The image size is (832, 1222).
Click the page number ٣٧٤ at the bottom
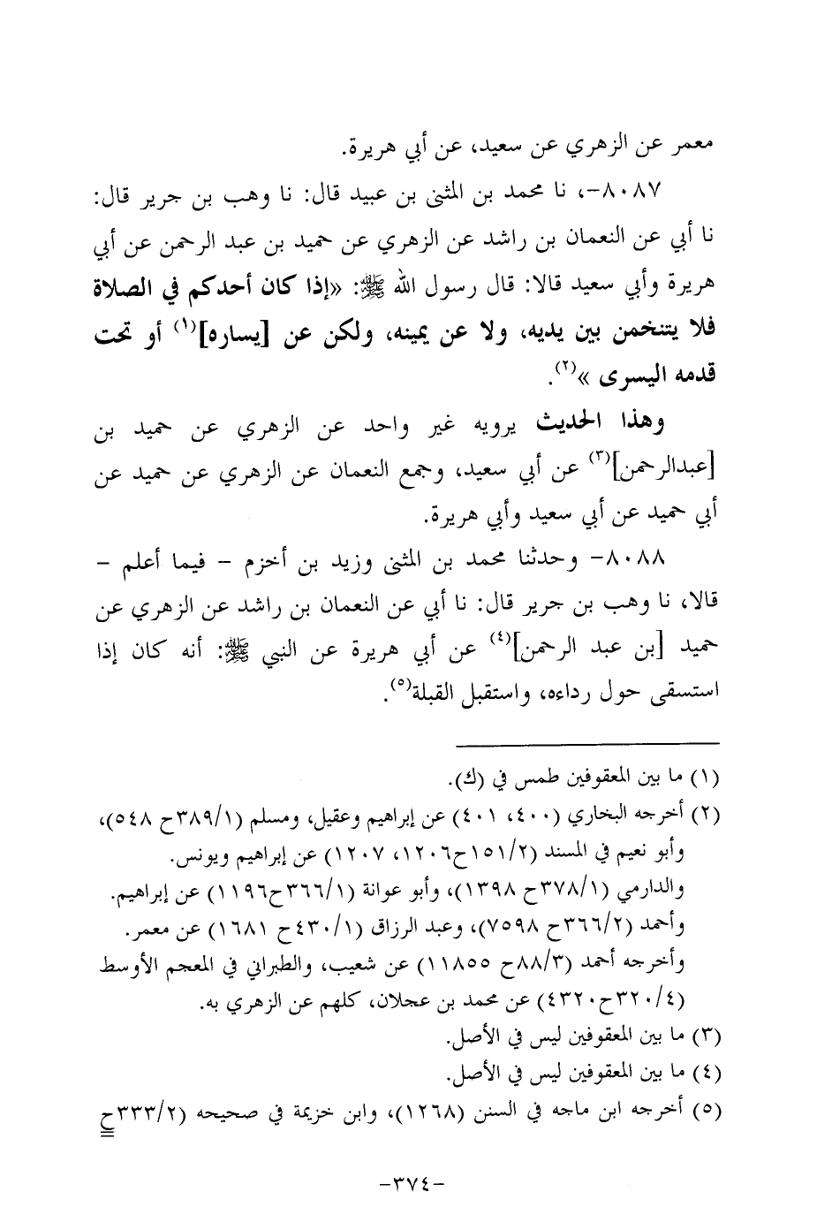tap(416, 1179)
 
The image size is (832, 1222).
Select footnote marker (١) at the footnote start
tap(709, 780)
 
